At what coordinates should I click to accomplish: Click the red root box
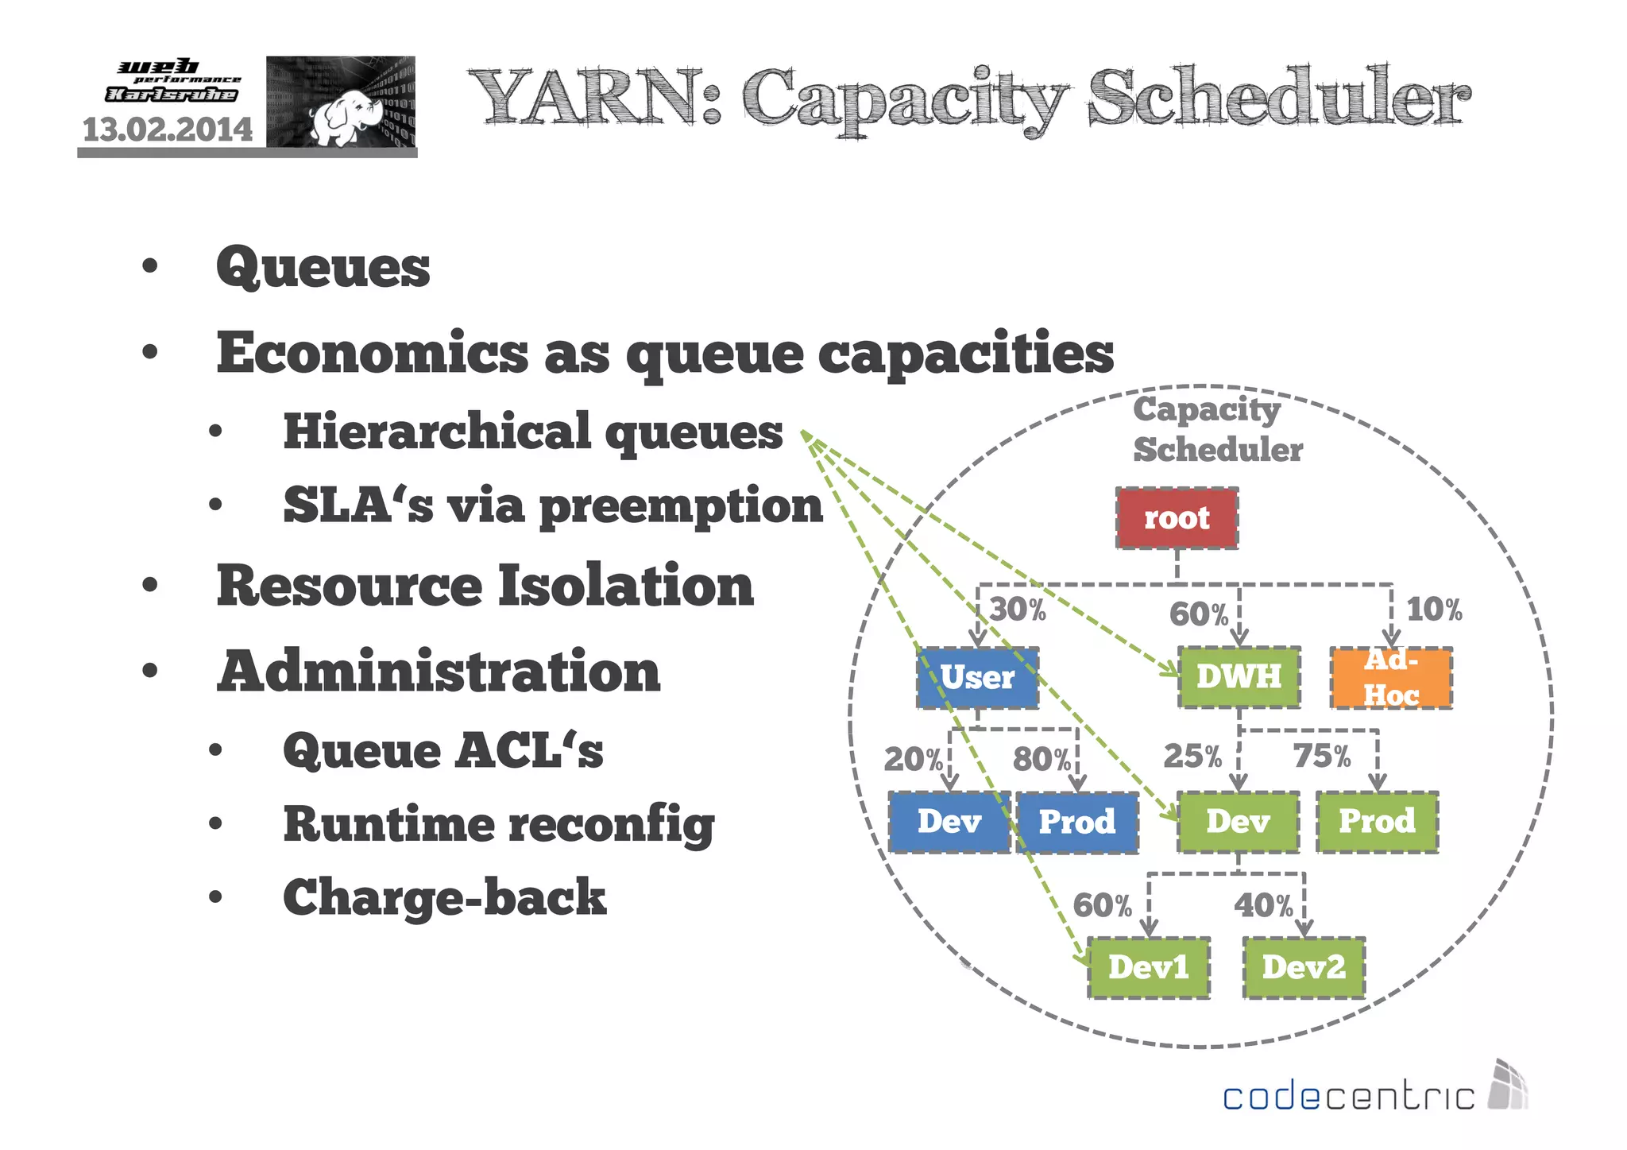click(1177, 518)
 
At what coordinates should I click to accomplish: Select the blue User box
click(977, 678)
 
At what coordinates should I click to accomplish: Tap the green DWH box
click(1239, 677)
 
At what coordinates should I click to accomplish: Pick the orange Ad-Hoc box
click(1391, 678)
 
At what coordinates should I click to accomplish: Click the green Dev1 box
click(1148, 967)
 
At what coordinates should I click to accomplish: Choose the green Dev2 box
click(1304, 967)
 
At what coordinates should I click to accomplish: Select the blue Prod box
click(1076, 823)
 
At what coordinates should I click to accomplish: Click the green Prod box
click(1377, 822)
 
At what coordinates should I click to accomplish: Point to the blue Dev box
click(949, 823)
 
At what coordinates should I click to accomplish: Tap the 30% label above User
click(1018, 610)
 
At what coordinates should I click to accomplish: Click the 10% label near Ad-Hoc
click(1434, 610)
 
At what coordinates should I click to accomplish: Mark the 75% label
click(1321, 756)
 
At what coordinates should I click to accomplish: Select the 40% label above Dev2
click(1263, 906)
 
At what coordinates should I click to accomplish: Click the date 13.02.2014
click(168, 130)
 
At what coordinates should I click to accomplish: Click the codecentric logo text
click(1348, 1097)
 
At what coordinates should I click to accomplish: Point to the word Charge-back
click(444, 897)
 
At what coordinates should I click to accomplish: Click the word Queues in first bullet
click(323, 268)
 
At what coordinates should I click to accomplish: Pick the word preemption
click(681, 506)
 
